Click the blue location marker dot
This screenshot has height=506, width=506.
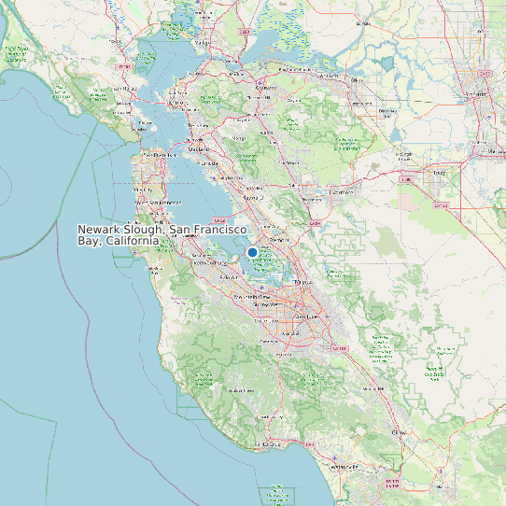coord(252,252)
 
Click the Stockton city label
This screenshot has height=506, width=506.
coord(479,93)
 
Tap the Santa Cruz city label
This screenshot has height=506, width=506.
coord(271,444)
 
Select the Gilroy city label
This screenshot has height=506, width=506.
coord(400,433)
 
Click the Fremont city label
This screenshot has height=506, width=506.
coord(279,240)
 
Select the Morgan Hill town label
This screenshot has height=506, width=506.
coord(373,388)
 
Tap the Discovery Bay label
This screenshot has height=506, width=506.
coord(388,113)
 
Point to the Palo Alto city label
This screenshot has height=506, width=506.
coord(229,277)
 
